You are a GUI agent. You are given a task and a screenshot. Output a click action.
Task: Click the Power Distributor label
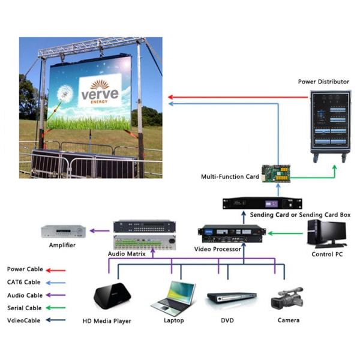pos(323,81)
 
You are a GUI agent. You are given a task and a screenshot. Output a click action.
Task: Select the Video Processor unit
pos(232,232)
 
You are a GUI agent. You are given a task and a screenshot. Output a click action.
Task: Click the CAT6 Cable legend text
pos(24,282)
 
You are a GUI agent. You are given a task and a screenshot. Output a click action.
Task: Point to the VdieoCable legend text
pos(25,320)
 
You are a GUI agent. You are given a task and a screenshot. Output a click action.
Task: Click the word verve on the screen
pos(100,94)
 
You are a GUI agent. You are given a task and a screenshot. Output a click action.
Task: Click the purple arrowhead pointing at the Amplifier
pos(90,230)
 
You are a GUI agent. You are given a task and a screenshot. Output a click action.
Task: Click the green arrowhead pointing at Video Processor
pos(269,233)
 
